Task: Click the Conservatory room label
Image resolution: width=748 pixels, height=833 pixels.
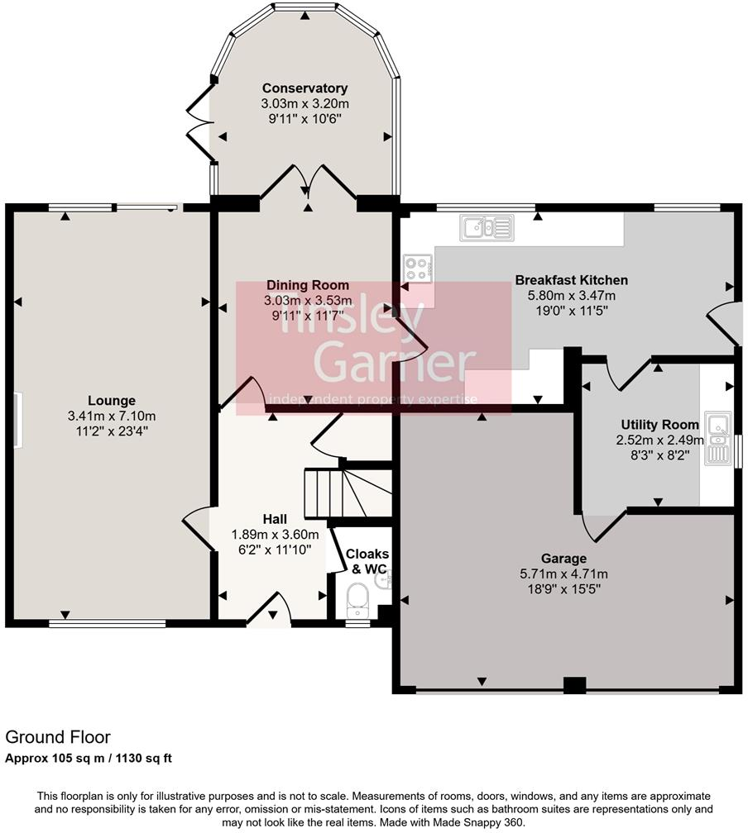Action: click(x=304, y=88)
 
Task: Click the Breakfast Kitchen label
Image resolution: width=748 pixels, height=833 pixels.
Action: click(x=571, y=280)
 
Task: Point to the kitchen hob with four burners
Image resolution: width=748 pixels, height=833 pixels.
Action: click(x=417, y=269)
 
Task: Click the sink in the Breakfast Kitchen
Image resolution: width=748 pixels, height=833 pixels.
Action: click(x=486, y=226)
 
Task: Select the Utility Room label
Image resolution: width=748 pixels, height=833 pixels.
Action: click(x=658, y=425)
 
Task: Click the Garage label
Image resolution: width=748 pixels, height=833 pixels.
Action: click(x=563, y=559)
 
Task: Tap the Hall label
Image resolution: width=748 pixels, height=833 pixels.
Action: click(x=275, y=519)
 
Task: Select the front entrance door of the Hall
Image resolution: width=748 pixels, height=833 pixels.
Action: click(x=271, y=612)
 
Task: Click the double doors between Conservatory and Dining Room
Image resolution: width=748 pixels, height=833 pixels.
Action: click(x=308, y=182)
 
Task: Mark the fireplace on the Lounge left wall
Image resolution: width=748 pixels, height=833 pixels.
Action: click(x=17, y=421)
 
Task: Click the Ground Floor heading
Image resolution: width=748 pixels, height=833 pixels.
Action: click(x=58, y=736)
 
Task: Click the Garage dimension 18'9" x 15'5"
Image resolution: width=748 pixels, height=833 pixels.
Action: click(x=563, y=589)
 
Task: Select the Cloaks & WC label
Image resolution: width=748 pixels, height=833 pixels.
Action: click(x=367, y=561)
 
